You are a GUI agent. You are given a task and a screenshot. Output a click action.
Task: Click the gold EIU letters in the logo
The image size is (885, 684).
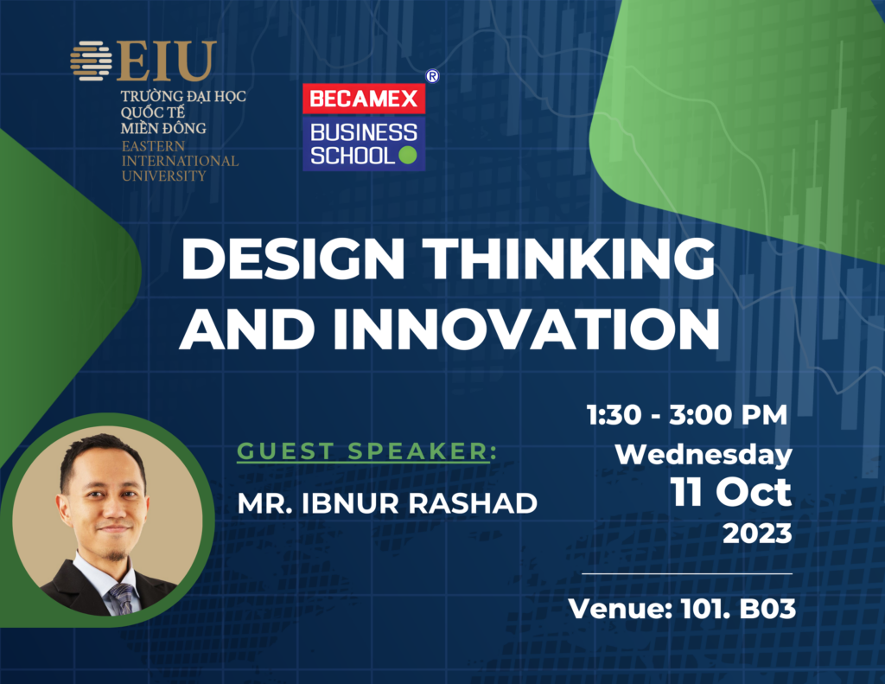click(167, 61)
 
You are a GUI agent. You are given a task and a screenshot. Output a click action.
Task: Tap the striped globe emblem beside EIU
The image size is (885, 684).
click(91, 61)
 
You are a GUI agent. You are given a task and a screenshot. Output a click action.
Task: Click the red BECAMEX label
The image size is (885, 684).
click(364, 99)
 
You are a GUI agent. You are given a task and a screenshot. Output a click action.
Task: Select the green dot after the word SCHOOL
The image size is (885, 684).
click(408, 156)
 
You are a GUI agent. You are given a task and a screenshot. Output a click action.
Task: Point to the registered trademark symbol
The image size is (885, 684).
click(432, 76)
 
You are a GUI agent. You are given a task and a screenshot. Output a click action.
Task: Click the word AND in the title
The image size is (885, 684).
click(247, 329)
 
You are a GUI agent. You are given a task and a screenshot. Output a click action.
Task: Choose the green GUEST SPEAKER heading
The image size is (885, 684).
click(366, 451)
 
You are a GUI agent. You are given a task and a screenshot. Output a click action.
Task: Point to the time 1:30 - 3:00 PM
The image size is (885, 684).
click(687, 415)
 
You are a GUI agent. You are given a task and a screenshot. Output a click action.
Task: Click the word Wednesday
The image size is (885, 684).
click(704, 455)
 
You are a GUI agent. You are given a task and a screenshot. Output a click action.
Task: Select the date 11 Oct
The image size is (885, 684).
click(731, 493)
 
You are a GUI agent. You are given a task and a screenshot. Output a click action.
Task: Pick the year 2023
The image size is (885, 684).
click(757, 534)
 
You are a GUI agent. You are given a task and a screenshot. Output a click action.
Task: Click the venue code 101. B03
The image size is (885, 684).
click(738, 609)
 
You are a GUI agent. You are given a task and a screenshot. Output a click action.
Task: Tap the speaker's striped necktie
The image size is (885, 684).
click(124, 598)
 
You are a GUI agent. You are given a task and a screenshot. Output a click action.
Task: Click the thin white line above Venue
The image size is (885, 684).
click(687, 573)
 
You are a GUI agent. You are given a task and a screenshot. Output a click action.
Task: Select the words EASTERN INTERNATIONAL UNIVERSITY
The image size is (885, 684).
click(180, 161)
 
